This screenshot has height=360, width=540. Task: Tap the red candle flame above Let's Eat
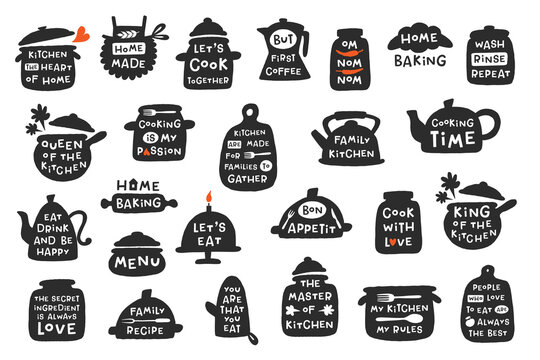209,197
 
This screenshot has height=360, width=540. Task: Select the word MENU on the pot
139,263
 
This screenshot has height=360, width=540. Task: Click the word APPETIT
310,226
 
